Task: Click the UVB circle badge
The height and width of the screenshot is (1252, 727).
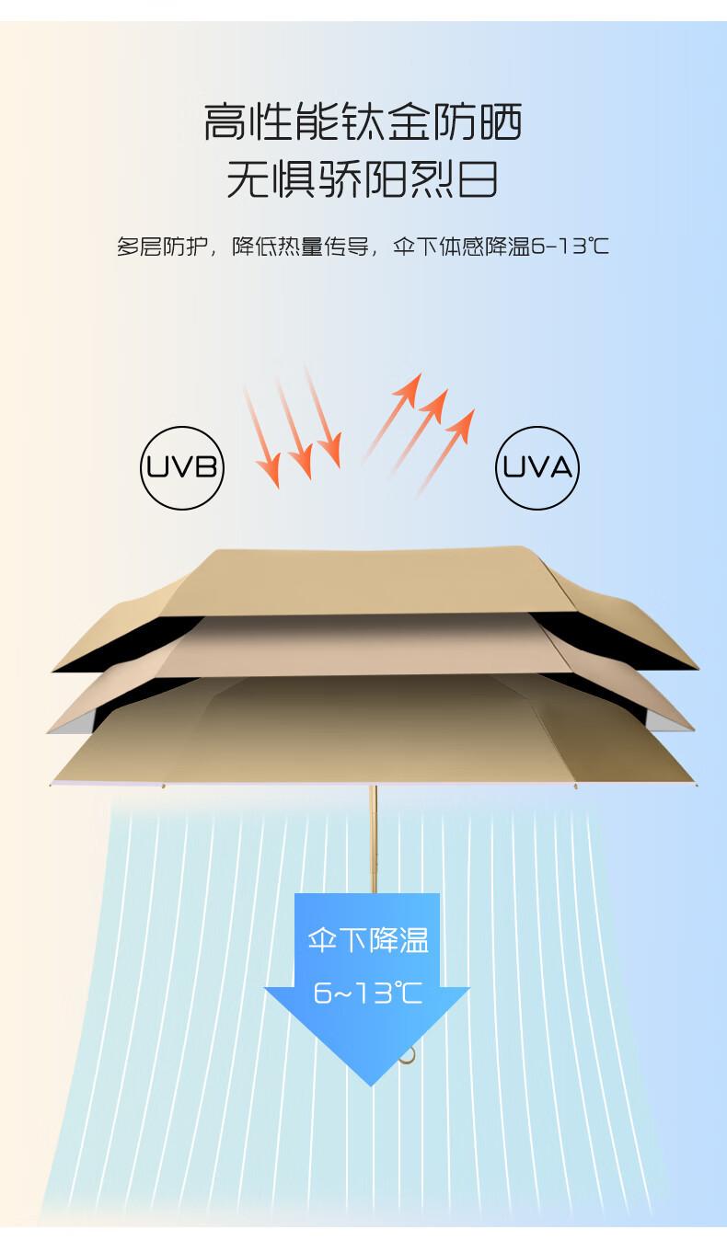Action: click(182, 467)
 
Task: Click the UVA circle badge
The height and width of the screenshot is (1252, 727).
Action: click(537, 467)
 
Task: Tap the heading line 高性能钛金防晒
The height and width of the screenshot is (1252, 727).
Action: click(363, 122)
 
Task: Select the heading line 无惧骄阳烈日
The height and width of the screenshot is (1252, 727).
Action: click(363, 179)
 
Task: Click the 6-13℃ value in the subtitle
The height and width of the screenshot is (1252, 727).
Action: click(570, 247)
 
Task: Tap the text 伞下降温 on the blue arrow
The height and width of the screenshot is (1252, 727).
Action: click(368, 940)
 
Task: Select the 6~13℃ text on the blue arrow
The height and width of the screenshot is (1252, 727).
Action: click(368, 994)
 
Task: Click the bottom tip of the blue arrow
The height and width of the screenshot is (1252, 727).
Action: click(369, 1081)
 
